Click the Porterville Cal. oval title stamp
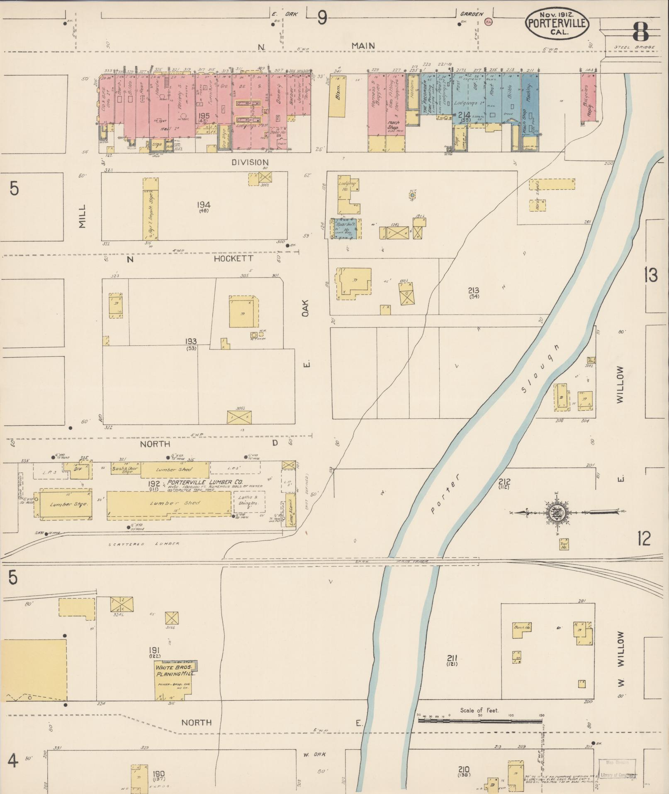(x=557, y=24)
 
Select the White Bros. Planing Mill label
(x=174, y=671)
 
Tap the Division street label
(x=250, y=162)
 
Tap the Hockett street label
(x=234, y=259)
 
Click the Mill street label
(x=82, y=216)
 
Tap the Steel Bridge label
(x=634, y=47)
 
